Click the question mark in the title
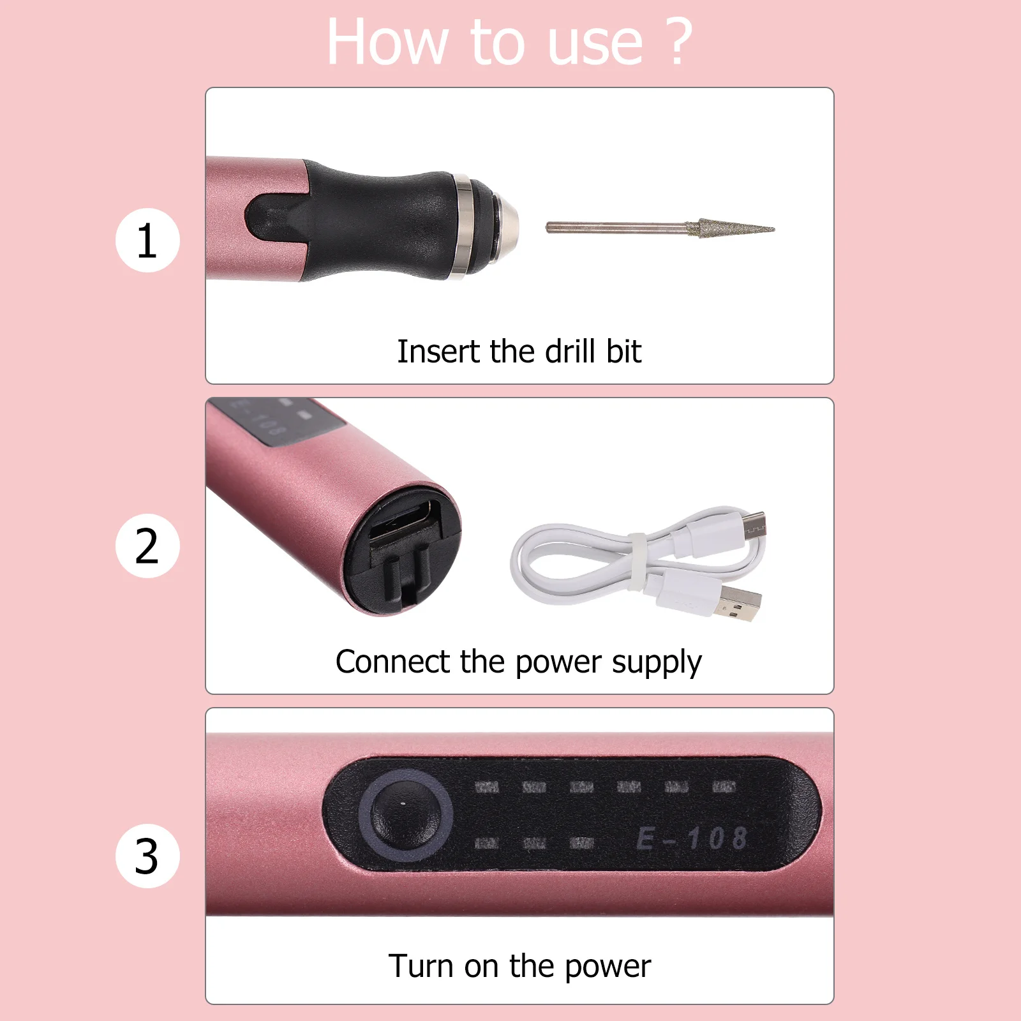point(678,41)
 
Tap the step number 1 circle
point(147,241)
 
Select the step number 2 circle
point(147,546)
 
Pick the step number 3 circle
point(147,856)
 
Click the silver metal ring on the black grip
point(464,227)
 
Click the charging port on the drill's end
point(403,523)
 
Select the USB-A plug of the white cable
point(741,603)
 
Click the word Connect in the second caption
point(392,662)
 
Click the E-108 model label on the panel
point(692,838)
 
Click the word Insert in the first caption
point(438,352)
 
